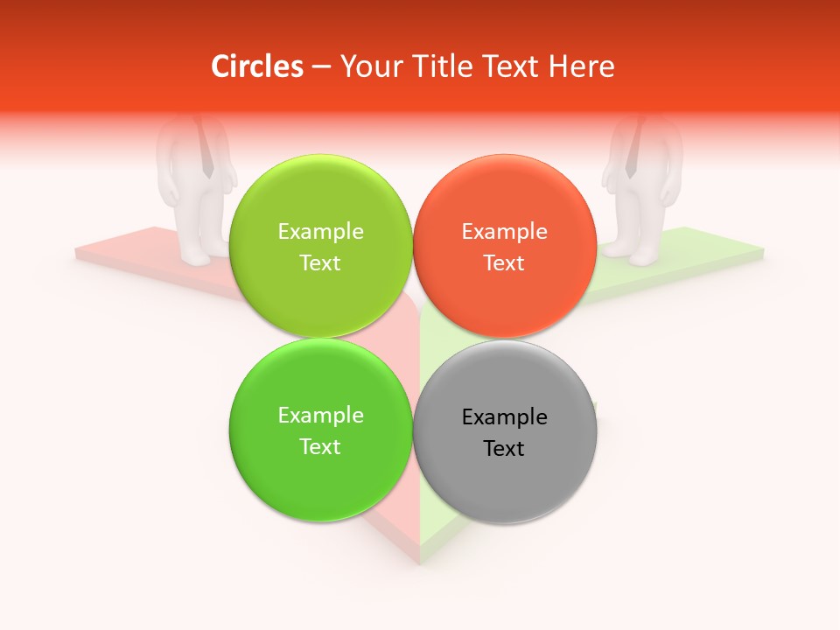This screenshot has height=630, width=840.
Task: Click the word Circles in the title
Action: click(257, 66)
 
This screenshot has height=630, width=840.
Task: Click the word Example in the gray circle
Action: click(504, 417)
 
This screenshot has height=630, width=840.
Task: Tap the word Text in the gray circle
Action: click(504, 449)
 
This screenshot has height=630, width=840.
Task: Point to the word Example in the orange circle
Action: click(504, 232)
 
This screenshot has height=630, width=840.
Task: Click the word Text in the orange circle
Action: click(504, 263)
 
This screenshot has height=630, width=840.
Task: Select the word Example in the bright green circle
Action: click(320, 416)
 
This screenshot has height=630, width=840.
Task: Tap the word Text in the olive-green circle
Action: click(320, 263)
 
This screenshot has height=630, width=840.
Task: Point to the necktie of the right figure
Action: click(633, 149)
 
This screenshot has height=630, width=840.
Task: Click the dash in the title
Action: click(321, 67)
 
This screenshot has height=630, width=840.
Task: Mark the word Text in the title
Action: click(509, 66)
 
